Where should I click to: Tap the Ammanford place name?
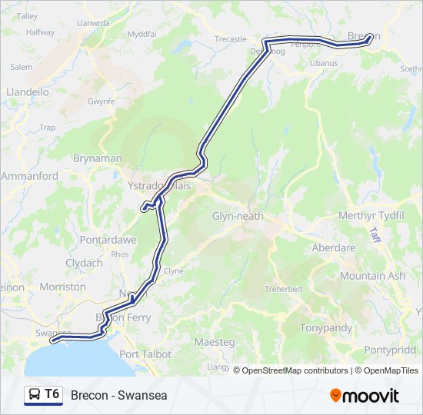point(30,176)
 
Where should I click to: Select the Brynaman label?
point(97,158)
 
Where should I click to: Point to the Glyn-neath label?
point(238,216)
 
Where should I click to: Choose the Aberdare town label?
point(333,248)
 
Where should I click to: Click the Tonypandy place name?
point(328,328)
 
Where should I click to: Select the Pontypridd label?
point(393,350)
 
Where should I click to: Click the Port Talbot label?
point(145,354)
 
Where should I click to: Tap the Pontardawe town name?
point(108,240)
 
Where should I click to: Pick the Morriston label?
point(62,287)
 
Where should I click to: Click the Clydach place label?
point(84,263)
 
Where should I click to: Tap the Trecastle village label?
point(230,39)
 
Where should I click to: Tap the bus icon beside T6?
point(35,395)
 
